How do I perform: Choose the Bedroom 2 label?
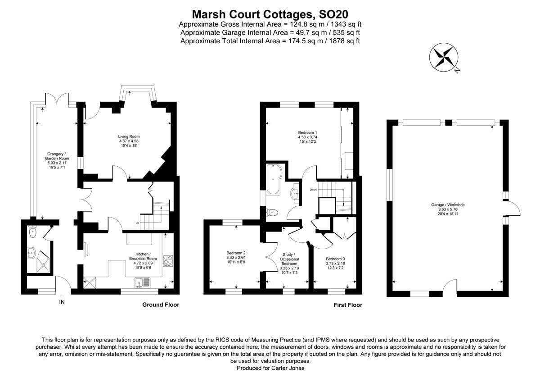[236, 257]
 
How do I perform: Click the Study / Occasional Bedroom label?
[289, 262]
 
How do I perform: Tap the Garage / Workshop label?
[447, 209]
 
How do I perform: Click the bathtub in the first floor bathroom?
[273, 179]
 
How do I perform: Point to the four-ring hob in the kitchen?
[167, 260]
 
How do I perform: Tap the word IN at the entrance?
[62, 302]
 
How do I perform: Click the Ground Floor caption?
[161, 305]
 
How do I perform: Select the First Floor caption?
[348, 305]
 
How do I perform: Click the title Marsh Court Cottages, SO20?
[270, 14]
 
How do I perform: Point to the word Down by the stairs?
[314, 190]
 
